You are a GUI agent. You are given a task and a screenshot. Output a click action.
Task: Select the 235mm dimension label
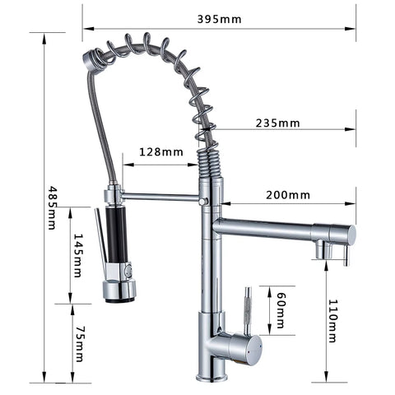278,123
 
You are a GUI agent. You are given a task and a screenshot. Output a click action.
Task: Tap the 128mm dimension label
161,151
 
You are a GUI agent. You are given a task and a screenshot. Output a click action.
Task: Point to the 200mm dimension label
288,195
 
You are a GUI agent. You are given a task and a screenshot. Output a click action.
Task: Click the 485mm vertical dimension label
52,207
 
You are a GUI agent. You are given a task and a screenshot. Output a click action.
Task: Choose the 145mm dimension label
79,256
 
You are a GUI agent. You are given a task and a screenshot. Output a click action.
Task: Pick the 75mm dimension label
79,342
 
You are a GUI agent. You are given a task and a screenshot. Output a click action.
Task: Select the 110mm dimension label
333,321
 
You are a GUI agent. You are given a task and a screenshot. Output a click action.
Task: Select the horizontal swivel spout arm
272,229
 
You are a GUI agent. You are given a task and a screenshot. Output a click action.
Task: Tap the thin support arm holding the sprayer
160,197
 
